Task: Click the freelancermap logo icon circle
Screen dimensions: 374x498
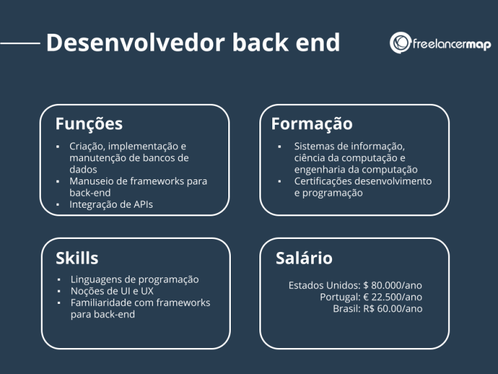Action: [x=400, y=43]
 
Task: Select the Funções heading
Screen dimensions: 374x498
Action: [x=89, y=123]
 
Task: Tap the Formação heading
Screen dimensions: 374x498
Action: [x=312, y=123]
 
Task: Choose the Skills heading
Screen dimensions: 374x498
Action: [x=77, y=258]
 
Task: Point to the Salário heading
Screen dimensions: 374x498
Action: [x=304, y=258]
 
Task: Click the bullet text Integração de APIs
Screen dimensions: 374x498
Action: [x=112, y=205]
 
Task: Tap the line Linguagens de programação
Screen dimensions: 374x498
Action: [x=134, y=279]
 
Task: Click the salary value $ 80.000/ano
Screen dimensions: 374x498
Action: [x=393, y=285]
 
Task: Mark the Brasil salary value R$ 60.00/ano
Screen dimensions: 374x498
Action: [x=394, y=308]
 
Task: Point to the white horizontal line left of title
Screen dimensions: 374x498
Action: [x=20, y=44]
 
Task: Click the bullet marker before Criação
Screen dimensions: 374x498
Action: [x=58, y=147]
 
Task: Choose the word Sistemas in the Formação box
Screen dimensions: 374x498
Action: [x=314, y=146]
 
